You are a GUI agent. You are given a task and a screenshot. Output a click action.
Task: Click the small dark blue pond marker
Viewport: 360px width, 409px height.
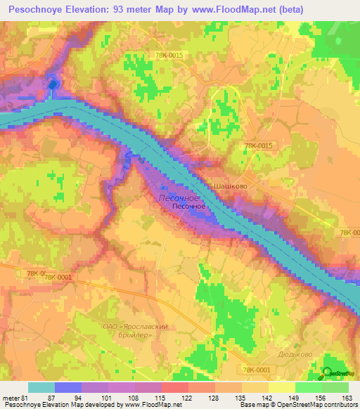tap(52, 86)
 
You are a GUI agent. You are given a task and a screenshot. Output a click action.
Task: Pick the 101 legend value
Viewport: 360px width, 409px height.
tap(108, 397)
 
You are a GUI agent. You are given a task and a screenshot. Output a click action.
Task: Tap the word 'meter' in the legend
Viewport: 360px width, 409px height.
tap(11, 397)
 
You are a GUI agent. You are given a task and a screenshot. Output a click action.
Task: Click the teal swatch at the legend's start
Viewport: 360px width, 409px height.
tap(41, 387)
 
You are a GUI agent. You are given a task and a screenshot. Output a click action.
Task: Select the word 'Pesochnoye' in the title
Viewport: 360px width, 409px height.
tap(39, 10)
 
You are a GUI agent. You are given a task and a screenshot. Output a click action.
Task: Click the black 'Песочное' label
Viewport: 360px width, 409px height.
tap(189, 207)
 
